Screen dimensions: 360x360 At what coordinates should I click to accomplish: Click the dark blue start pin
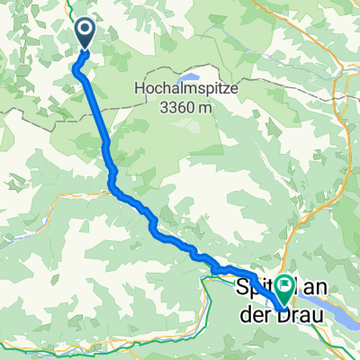[85, 34]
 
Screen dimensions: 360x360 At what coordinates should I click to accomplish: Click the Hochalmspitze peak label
[184, 89]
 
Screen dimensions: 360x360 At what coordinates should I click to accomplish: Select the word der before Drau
[258, 313]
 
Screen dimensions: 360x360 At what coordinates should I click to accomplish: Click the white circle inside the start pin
[85, 31]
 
